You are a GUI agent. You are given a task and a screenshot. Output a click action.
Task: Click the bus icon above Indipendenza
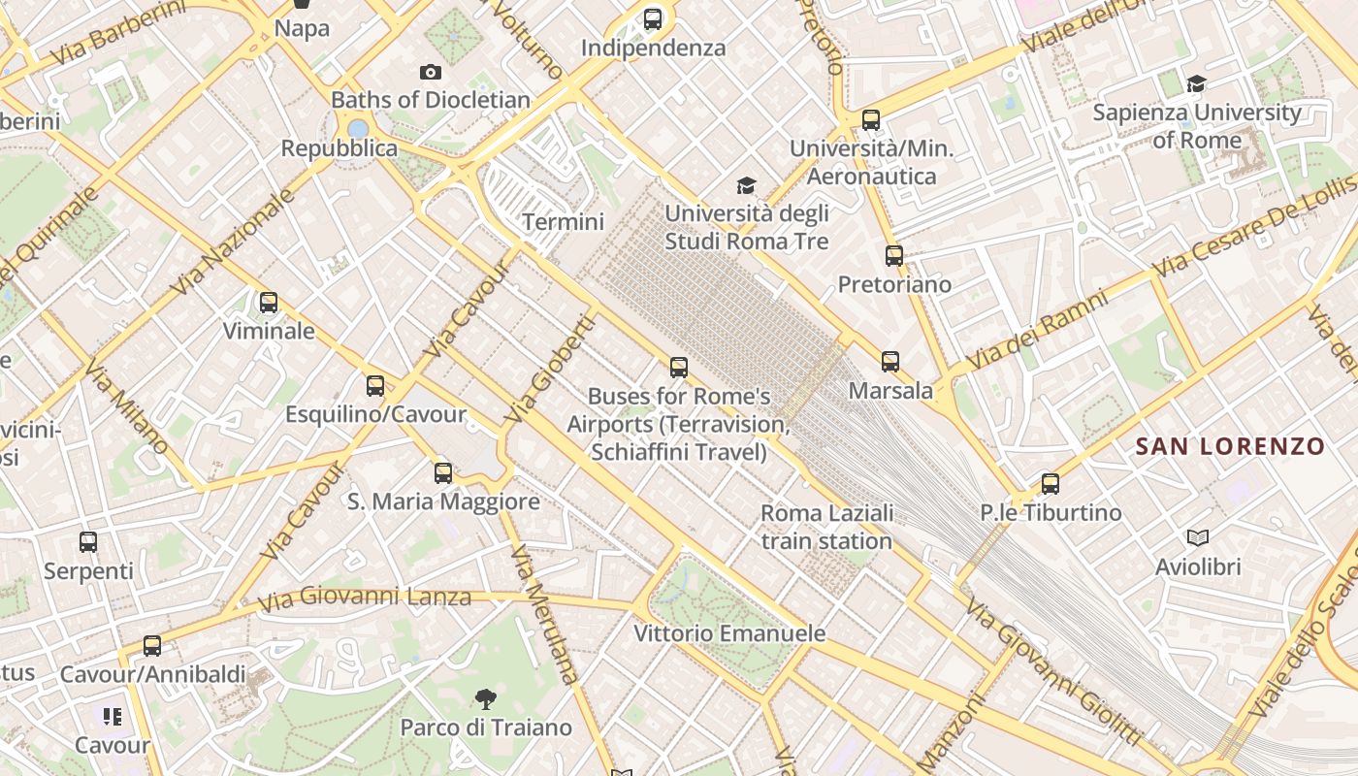[x=653, y=18]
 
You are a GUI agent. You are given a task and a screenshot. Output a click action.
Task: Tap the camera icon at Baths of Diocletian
[x=431, y=72]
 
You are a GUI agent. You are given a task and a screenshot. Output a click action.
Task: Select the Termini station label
[x=563, y=222]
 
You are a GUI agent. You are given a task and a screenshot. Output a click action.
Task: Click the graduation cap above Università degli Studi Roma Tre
[x=746, y=185]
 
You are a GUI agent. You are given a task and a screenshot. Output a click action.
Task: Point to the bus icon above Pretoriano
[x=894, y=256]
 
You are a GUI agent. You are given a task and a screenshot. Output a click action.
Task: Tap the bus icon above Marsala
[x=890, y=362]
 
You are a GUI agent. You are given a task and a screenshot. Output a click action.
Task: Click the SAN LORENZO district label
[x=1230, y=446]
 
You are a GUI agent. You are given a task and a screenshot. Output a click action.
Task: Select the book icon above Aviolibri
[x=1198, y=537]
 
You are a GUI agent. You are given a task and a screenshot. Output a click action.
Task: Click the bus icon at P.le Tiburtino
[x=1050, y=483]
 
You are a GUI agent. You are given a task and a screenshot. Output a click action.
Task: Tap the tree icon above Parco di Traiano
[x=486, y=698]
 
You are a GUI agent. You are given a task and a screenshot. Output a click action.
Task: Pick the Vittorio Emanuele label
[x=729, y=633]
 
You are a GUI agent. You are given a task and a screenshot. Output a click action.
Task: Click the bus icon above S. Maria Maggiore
[x=443, y=473]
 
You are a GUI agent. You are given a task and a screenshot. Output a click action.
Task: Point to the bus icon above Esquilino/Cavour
[x=375, y=386]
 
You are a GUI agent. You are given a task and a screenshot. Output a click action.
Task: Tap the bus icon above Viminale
[x=269, y=303]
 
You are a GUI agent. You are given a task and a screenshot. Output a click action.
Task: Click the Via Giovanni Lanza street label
[x=366, y=597]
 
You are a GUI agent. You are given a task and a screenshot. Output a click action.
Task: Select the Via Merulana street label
[x=543, y=614]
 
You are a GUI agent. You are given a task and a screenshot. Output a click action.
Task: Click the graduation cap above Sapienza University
[x=1196, y=84]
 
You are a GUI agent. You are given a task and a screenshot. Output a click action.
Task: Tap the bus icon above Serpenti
[x=88, y=542]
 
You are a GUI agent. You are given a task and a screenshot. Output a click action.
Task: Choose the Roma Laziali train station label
[x=826, y=527]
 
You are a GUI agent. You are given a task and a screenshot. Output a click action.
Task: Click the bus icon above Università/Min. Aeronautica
[x=871, y=120]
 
